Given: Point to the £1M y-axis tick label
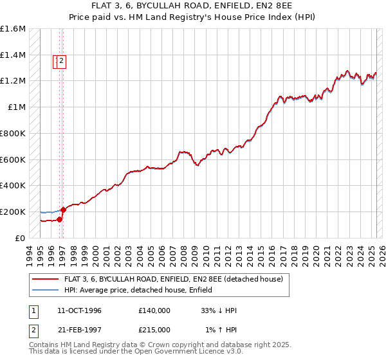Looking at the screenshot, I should point(17,107).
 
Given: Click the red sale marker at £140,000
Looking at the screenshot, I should point(59,219).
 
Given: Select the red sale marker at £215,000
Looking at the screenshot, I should point(63,210).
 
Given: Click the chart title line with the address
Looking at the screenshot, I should point(193,6).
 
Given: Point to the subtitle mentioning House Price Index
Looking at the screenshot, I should point(193,17).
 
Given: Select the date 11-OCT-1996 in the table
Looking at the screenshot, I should point(79,310).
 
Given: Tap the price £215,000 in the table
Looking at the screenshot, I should point(154,330).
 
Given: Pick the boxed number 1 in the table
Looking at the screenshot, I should point(32,310).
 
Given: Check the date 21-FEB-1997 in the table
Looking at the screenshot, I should point(79,330).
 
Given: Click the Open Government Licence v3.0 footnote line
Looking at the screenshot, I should point(135,352).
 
